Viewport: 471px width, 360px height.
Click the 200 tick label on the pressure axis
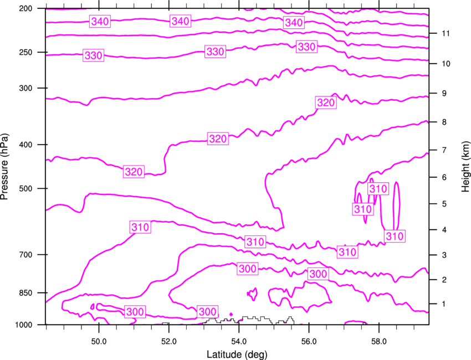[x=25, y=8]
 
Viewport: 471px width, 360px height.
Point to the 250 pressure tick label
[x=25, y=52]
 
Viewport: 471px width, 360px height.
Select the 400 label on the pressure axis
[x=25, y=145]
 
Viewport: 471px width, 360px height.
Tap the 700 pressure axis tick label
[x=25, y=255]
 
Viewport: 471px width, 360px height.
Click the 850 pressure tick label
[x=25, y=293]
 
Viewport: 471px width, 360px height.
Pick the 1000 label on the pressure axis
[x=23, y=325]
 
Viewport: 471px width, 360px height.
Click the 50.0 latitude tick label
[x=99, y=342]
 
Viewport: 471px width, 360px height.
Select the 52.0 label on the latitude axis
[x=169, y=342]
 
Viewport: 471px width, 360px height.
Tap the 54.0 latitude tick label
[x=239, y=342]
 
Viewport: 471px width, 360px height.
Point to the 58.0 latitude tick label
[x=379, y=342]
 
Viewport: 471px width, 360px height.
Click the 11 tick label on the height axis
[x=446, y=33]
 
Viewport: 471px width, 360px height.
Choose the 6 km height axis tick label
[x=444, y=177]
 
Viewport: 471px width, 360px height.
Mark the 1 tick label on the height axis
[x=444, y=304]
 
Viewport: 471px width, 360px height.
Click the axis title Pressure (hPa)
[x=4, y=167]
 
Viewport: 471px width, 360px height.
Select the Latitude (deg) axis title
[x=237, y=354]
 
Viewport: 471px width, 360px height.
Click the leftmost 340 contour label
[x=100, y=21]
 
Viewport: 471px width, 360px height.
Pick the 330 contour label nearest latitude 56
[x=306, y=47]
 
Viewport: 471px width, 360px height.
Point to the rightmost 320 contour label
[x=326, y=102]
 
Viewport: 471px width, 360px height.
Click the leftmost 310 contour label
[x=140, y=227]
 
